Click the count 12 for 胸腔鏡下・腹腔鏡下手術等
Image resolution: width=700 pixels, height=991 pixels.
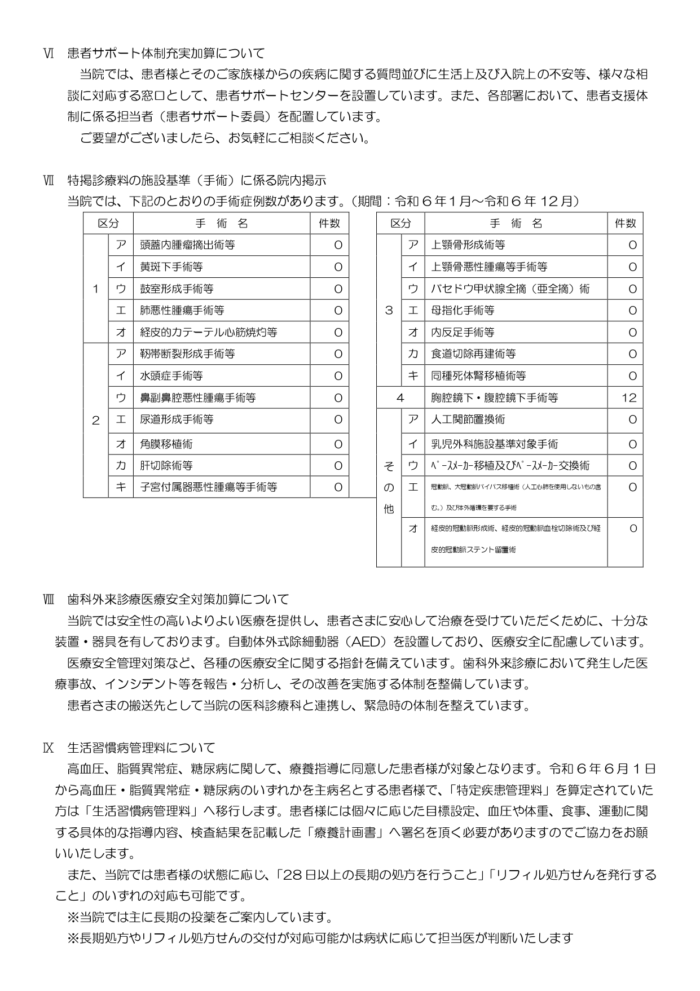click(x=628, y=398)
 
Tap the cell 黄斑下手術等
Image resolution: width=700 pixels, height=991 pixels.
click(x=171, y=267)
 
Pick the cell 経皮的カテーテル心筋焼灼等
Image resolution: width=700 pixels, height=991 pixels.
click(x=209, y=332)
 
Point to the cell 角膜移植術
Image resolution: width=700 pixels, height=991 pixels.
click(x=166, y=444)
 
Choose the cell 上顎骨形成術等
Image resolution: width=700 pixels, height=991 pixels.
click(x=468, y=245)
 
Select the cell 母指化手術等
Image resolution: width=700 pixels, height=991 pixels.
click(x=463, y=310)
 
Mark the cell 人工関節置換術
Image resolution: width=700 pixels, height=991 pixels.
click(x=468, y=420)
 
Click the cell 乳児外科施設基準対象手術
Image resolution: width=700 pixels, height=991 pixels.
click(x=495, y=444)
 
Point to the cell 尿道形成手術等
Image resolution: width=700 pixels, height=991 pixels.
click(x=177, y=420)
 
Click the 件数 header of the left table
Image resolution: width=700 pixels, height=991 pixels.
click(x=329, y=224)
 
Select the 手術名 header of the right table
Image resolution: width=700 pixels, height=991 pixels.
click(x=516, y=224)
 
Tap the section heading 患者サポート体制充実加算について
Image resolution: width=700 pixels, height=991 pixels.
click(x=166, y=54)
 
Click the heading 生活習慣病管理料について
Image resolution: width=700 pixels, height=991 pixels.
click(x=141, y=748)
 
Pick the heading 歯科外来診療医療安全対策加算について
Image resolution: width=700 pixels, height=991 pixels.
click(x=178, y=599)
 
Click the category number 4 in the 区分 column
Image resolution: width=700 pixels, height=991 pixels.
click(x=400, y=398)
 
